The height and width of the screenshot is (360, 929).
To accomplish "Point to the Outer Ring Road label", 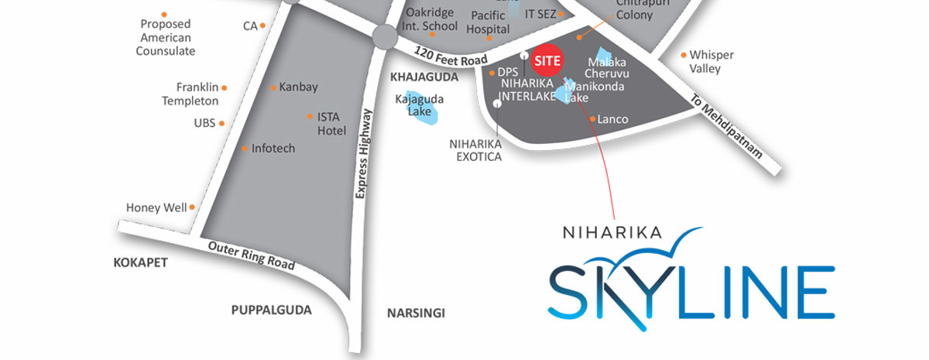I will (252, 255).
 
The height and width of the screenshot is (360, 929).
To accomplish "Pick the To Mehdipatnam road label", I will (728, 129).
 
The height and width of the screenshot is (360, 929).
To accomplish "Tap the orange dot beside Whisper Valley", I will (684, 55).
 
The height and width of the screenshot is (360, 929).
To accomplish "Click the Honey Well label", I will (156, 207).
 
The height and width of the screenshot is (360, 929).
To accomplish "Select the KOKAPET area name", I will (140, 262).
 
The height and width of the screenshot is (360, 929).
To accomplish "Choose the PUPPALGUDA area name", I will (271, 310).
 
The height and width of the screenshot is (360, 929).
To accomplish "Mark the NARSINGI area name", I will (416, 314).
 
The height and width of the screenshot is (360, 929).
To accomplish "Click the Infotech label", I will (273, 148).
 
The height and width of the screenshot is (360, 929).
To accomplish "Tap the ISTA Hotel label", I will (331, 124).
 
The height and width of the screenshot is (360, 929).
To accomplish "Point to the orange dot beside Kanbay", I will (273, 87).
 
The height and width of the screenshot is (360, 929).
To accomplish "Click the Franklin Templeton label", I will (190, 94).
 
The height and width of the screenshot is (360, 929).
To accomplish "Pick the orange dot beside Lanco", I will (592, 119).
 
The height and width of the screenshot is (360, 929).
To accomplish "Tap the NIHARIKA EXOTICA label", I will (475, 150).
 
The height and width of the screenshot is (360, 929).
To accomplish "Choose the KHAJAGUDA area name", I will (424, 77).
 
